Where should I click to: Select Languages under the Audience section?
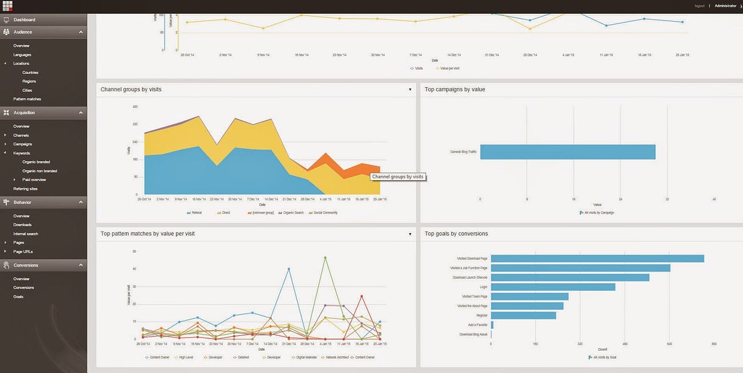coord(22,55)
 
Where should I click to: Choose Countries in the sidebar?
coord(30,72)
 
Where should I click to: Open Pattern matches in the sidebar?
coord(27,99)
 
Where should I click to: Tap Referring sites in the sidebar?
coord(25,188)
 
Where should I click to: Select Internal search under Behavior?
coord(25,234)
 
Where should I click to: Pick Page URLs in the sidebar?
coord(24,252)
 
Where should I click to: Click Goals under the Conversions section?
coord(19,297)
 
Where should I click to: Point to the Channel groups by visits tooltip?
coord(398,177)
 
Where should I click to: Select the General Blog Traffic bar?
coord(567,152)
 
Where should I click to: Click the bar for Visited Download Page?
coord(597,258)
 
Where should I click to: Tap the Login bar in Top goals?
coord(553,287)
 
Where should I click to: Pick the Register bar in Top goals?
coord(523,315)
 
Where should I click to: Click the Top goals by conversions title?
coord(456,234)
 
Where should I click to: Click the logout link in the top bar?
coord(700,6)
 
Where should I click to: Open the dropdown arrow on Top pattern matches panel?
coord(410,234)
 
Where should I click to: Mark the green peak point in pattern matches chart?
coord(325,258)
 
